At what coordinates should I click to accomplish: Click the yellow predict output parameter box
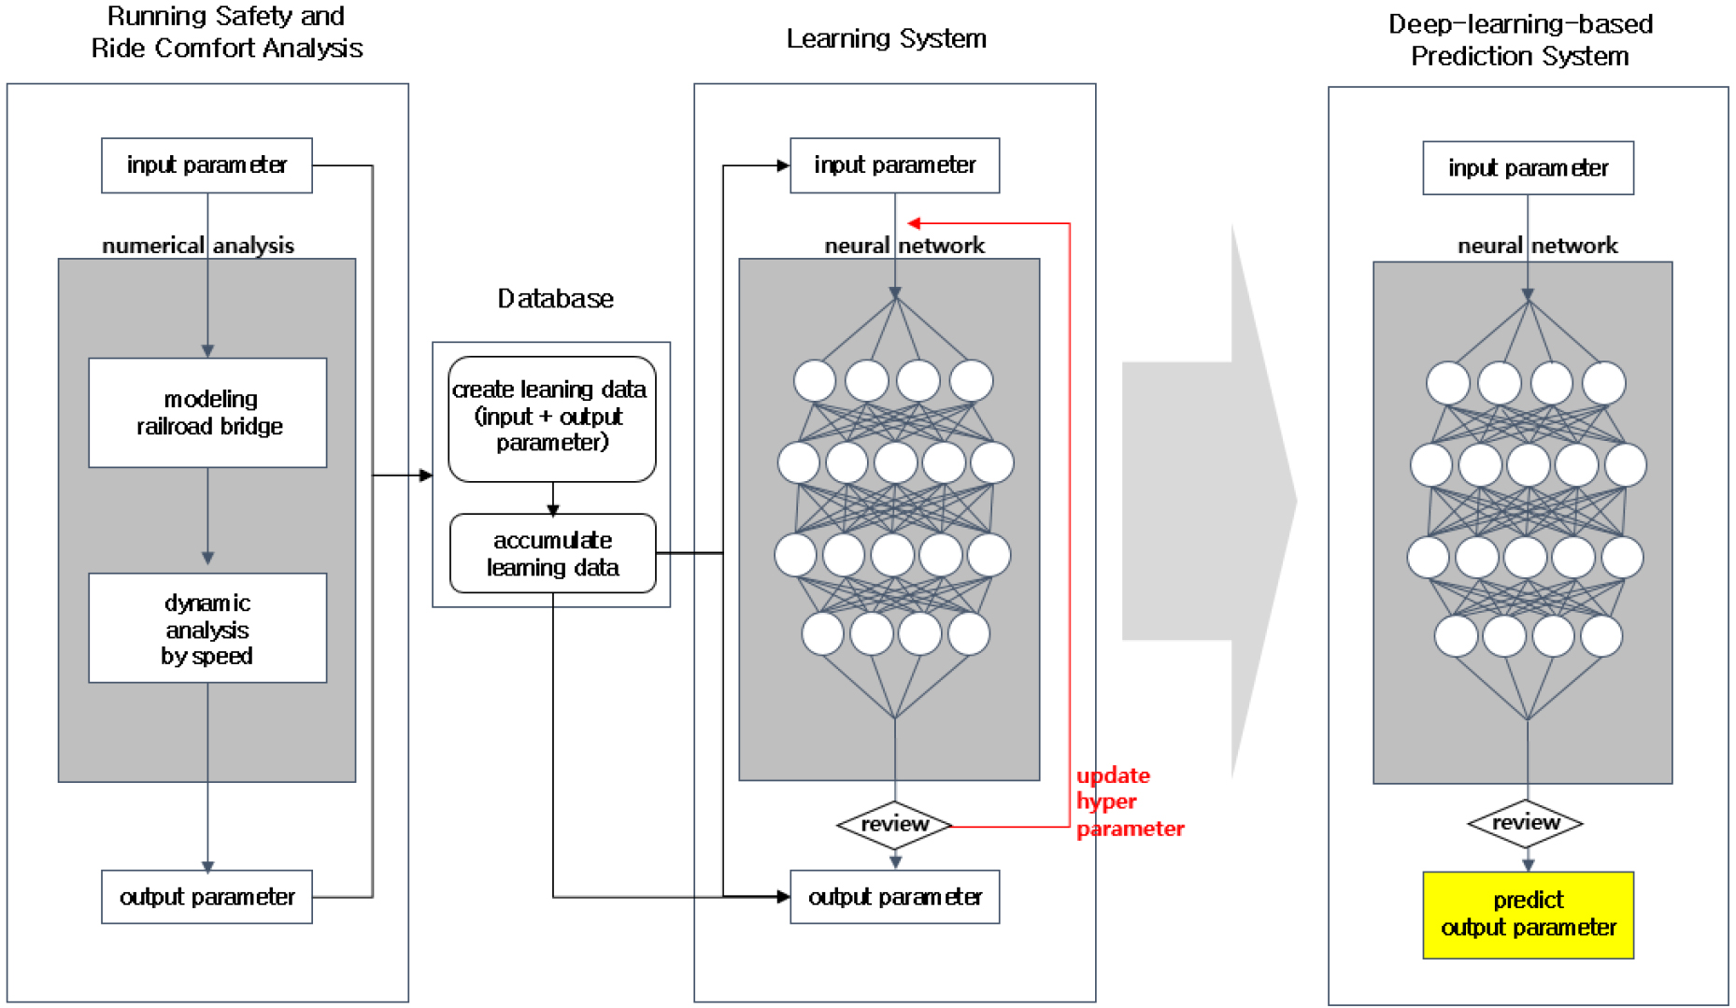[x=1528, y=915]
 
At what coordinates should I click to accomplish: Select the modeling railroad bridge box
[x=207, y=412]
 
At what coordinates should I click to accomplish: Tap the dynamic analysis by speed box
[x=207, y=628]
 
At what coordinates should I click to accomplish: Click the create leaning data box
[x=551, y=418]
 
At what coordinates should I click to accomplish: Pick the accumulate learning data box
[x=552, y=553]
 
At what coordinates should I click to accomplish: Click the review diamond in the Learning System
[x=894, y=824]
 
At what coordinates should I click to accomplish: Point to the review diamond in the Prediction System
[x=1526, y=823]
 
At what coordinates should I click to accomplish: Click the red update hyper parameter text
[x=1128, y=802]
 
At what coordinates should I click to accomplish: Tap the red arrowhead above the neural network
[x=914, y=223]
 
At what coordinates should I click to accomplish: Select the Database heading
[x=555, y=299]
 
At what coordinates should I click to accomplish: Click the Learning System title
[x=886, y=39]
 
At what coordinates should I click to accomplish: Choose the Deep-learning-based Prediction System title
[x=1520, y=40]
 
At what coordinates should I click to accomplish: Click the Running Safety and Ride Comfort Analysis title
[x=226, y=33]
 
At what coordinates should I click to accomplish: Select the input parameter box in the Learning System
[x=894, y=165]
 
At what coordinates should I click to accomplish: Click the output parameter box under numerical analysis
[x=206, y=897]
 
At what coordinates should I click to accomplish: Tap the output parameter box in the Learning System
[x=894, y=897]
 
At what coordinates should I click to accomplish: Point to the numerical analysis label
[x=198, y=246]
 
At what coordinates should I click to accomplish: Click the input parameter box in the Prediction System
[x=1528, y=168]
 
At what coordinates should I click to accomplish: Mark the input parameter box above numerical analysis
[x=206, y=165]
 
